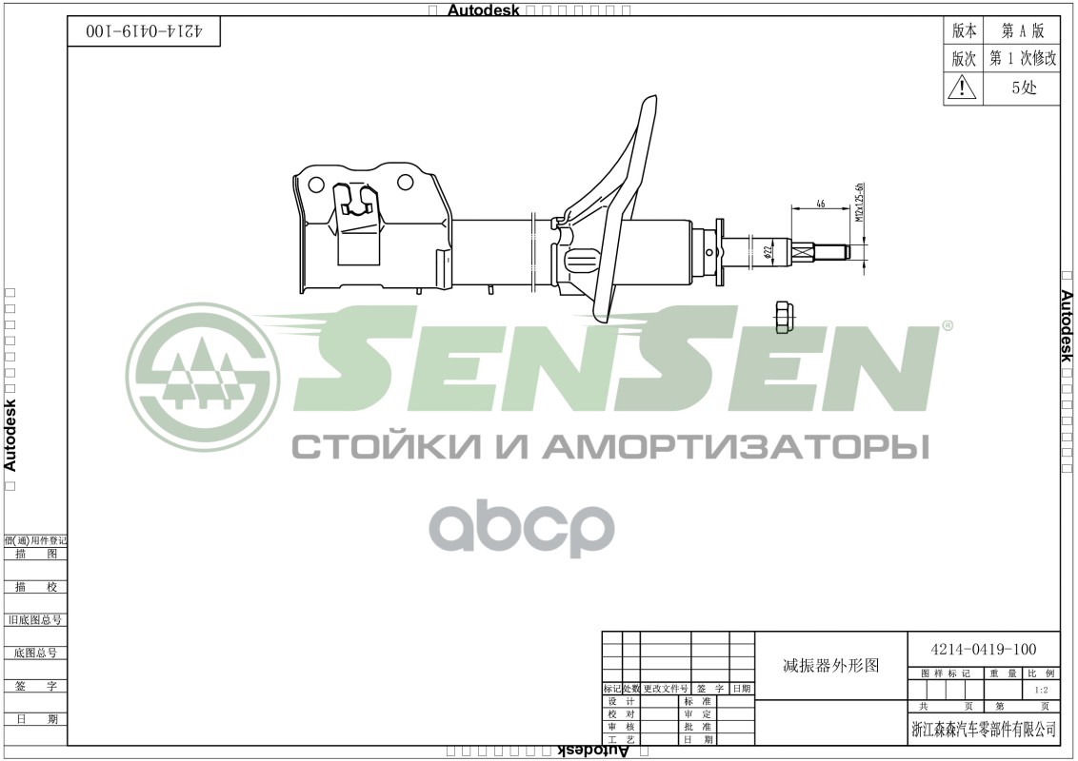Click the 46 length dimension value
(820, 202)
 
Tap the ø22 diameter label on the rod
(767, 252)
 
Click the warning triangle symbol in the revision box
(963, 88)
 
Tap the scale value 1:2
(1042, 690)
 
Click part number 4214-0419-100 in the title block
(983, 650)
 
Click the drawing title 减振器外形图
(831, 666)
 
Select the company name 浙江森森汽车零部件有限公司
(984, 730)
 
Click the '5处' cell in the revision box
(1024, 88)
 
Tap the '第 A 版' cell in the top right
(1023, 30)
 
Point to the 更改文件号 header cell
(666, 688)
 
